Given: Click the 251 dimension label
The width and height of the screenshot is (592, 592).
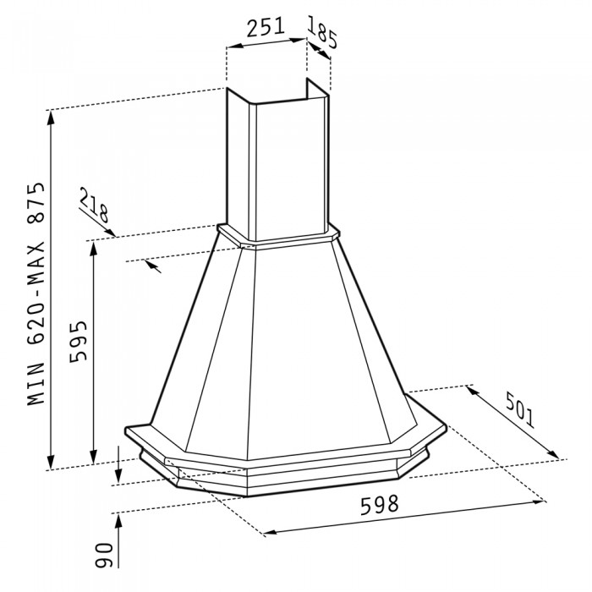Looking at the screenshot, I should tap(265, 27).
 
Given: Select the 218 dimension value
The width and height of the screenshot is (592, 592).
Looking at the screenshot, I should tap(96, 207).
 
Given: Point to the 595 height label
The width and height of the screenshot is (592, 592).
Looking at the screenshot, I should tap(77, 341).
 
